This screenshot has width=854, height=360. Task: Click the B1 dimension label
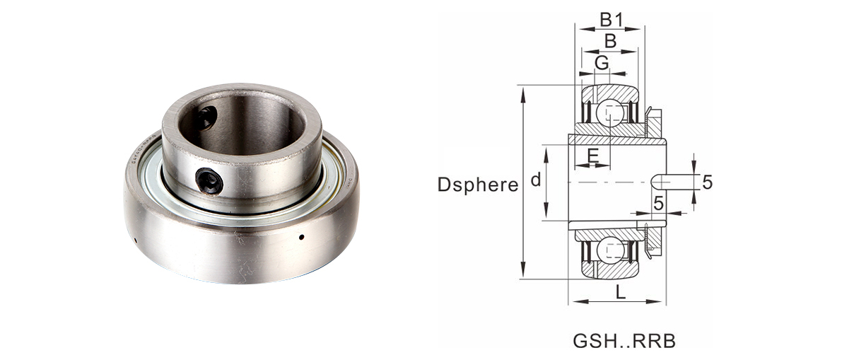pos(611,20)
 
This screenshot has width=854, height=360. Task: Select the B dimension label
pos(610,41)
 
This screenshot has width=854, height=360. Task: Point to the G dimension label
pos(602,62)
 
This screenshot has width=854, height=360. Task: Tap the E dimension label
pos(592,156)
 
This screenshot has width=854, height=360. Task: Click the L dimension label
pos(621,293)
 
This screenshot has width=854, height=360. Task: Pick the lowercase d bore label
pos(536,179)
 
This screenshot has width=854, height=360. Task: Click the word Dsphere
pos(478,185)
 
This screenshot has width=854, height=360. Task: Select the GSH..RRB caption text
pos(624,341)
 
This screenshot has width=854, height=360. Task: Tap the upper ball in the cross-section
pos(611,114)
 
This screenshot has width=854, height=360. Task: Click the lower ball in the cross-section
pos(611,252)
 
